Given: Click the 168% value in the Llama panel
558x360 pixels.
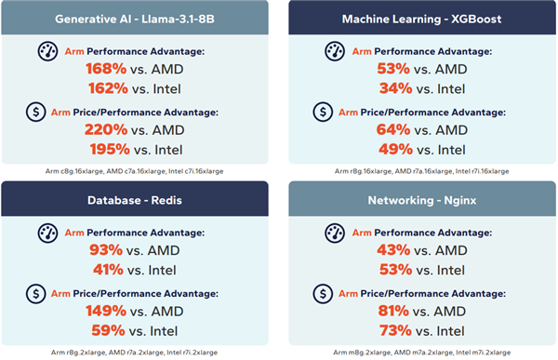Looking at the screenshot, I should tap(104, 68).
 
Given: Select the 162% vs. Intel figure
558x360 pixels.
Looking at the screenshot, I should tap(104, 88).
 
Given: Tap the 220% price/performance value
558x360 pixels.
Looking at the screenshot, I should tap(104, 130).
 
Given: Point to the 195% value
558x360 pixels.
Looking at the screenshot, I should tap(104, 150).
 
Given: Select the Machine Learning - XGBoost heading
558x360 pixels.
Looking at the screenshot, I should tap(421, 19).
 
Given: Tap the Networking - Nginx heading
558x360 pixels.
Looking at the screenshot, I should tap(421, 199).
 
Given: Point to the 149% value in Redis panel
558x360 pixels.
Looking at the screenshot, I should tap(104, 311).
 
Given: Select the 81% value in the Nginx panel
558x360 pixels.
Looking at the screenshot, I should tap(392, 311).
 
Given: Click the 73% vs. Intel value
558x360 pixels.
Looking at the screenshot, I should tap(392, 330).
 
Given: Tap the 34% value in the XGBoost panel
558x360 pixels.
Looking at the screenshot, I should tap(392, 88).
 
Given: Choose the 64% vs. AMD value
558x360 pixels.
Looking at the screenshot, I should tap(392, 130).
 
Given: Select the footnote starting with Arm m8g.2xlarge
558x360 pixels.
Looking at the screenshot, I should tap(421, 352).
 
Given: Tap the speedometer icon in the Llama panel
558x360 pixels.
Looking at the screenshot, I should tap(46, 52).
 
